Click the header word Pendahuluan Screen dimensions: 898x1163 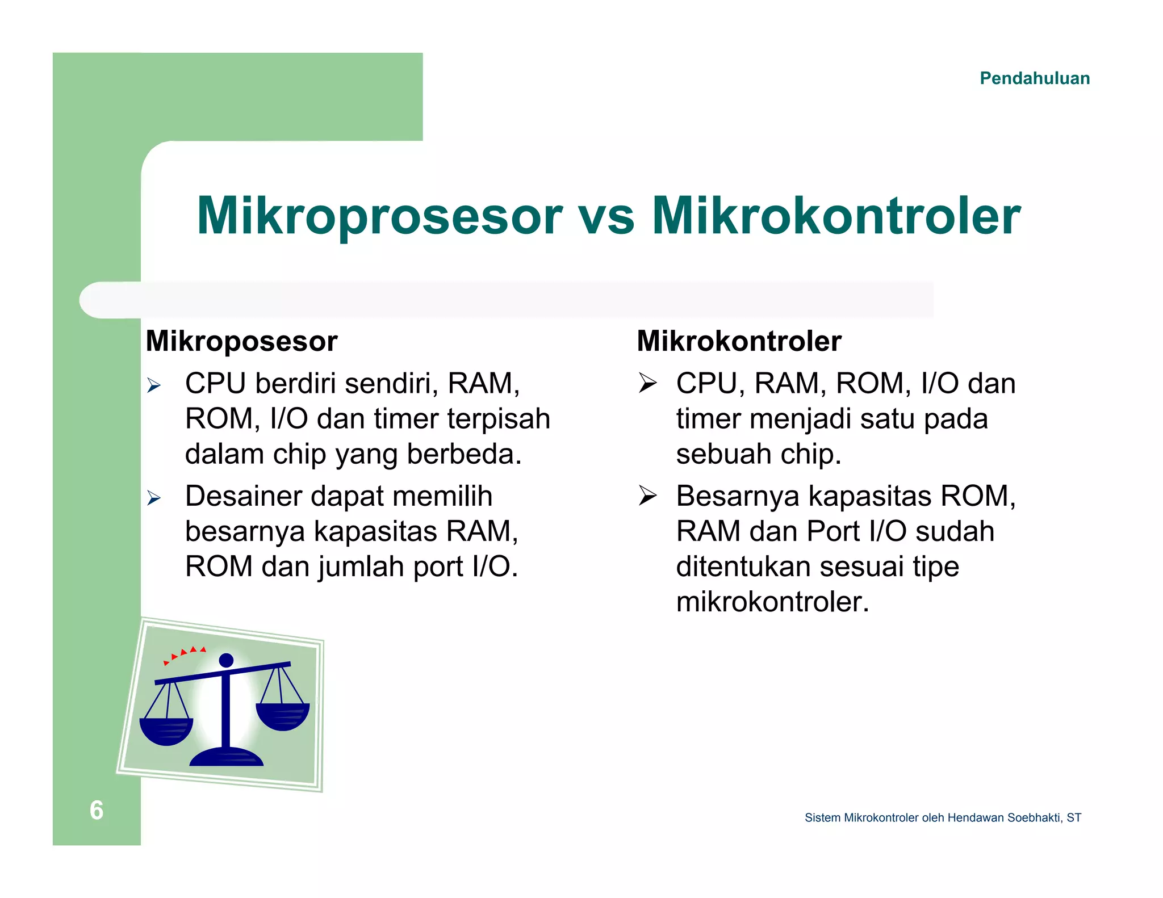tap(1034, 78)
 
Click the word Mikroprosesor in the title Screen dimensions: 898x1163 tap(379, 216)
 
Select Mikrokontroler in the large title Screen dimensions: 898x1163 tap(836, 216)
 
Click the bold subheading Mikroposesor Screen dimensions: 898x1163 tap(241, 342)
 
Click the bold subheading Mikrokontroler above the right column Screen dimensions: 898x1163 tap(739, 342)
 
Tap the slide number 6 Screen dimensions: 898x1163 tap(97, 810)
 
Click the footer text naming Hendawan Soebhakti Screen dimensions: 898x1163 tap(943, 818)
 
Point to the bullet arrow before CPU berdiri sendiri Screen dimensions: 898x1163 tap(154, 386)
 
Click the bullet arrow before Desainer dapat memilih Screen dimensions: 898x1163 tap(154, 498)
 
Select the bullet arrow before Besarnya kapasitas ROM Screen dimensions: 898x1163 tap(647, 496)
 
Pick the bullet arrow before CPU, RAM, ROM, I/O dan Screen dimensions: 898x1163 tap(647, 384)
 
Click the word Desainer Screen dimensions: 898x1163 tap(244, 496)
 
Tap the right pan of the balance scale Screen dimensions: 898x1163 tap(282, 716)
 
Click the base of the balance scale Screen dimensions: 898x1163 tap(226, 757)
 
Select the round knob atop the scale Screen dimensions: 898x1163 tap(226, 660)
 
